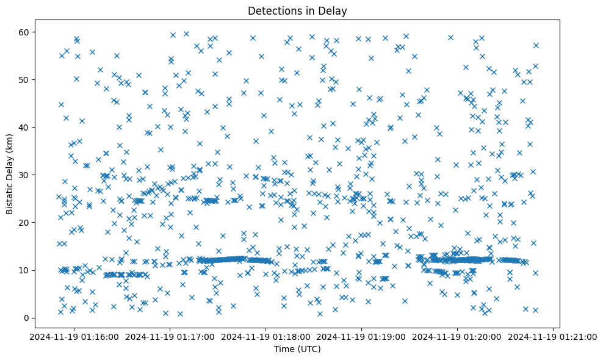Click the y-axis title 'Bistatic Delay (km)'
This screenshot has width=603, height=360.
(x=10, y=174)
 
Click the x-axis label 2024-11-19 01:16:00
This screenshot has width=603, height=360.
(x=74, y=336)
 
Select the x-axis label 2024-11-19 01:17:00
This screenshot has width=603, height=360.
(x=170, y=336)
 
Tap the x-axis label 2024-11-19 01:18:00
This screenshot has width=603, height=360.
(x=266, y=336)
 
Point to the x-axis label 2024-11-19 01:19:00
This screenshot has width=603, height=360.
(x=362, y=336)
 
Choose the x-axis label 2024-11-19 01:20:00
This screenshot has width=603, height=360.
(x=458, y=336)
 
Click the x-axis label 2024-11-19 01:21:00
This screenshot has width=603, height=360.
(x=554, y=336)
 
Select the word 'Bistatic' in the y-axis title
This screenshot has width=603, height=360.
(x=10, y=196)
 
